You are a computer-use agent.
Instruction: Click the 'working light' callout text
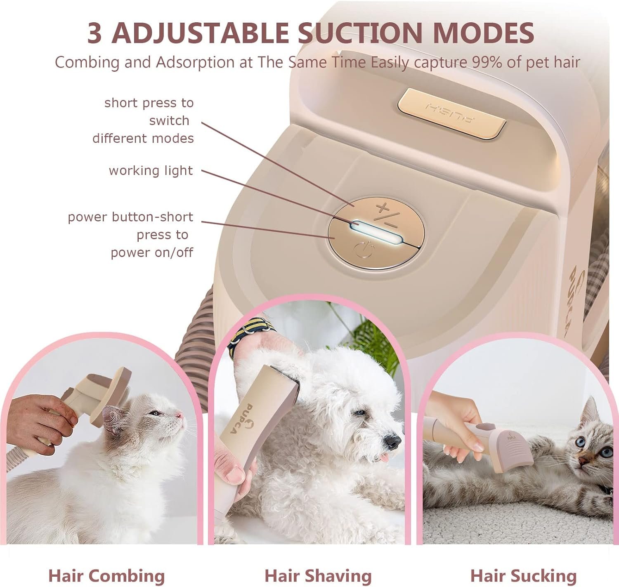pos(151,171)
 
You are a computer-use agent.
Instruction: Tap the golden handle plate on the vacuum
pos(451,113)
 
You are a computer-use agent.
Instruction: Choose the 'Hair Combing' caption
pos(107,576)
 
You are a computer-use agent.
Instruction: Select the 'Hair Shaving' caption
pos(318,576)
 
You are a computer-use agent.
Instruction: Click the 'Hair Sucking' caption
pos(524,576)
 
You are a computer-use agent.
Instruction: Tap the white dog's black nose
pos(393,442)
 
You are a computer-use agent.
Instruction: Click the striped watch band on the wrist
pos(249,335)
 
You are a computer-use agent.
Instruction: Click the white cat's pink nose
pos(179,415)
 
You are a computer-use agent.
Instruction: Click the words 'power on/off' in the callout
pos(152,252)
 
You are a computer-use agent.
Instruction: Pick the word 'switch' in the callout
pos(169,120)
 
